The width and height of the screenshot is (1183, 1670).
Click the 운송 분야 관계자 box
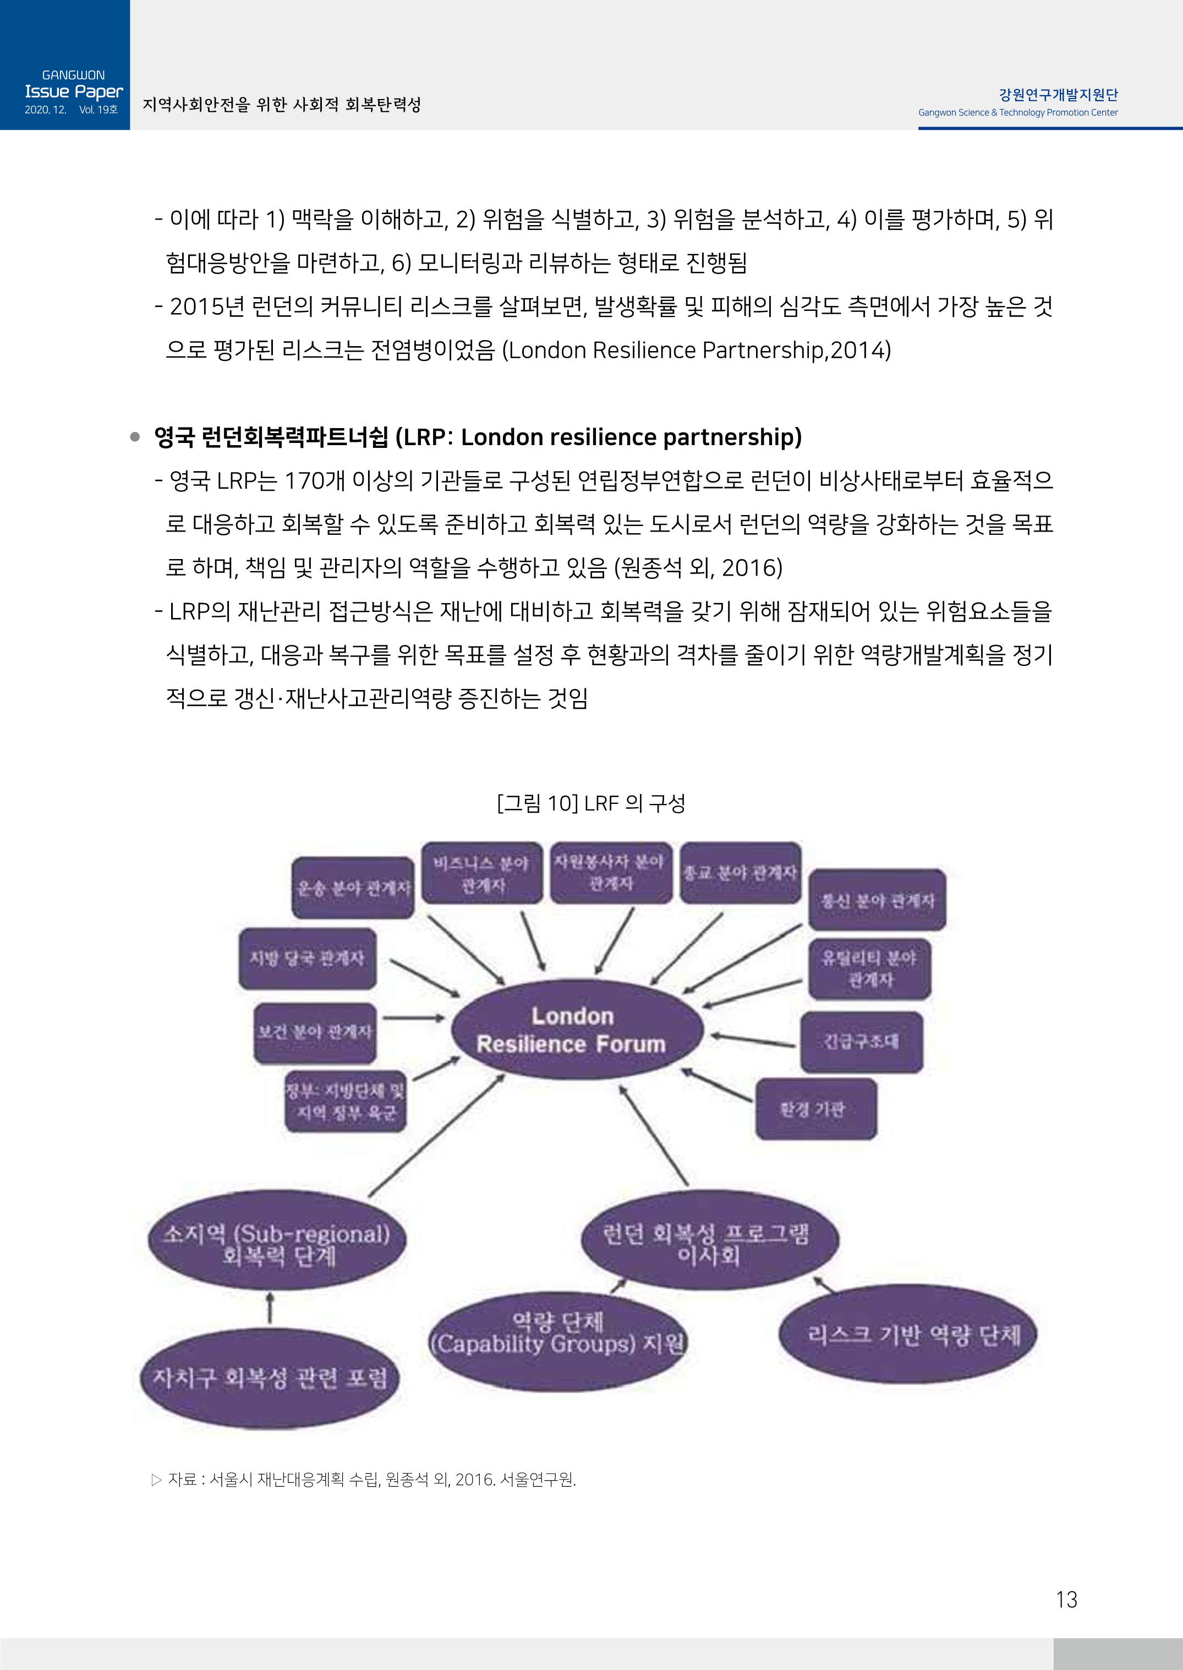coord(353,887)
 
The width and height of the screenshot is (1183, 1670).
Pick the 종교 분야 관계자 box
coord(740,873)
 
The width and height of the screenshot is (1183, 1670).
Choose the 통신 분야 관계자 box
coord(877,900)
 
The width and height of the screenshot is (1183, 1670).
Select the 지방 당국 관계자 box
coord(308,958)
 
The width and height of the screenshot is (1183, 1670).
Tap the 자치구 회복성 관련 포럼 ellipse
coord(270,1377)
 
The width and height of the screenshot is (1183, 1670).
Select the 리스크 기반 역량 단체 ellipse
coord(908,1334)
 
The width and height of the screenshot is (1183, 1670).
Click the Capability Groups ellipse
coord(558,1340)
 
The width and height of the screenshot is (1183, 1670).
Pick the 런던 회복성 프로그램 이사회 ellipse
coord(709,1243)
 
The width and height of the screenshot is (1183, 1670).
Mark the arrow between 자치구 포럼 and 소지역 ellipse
coord(270,1308)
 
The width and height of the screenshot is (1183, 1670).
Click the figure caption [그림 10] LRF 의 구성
coord(591,803)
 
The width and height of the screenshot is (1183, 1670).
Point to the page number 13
coord(1066,1600)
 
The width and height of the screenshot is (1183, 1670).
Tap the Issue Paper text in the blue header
coord(74,92)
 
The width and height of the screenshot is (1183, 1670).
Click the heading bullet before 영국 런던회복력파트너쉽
coord(135,437)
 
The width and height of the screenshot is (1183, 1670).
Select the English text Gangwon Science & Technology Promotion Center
coord(1017,113)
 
